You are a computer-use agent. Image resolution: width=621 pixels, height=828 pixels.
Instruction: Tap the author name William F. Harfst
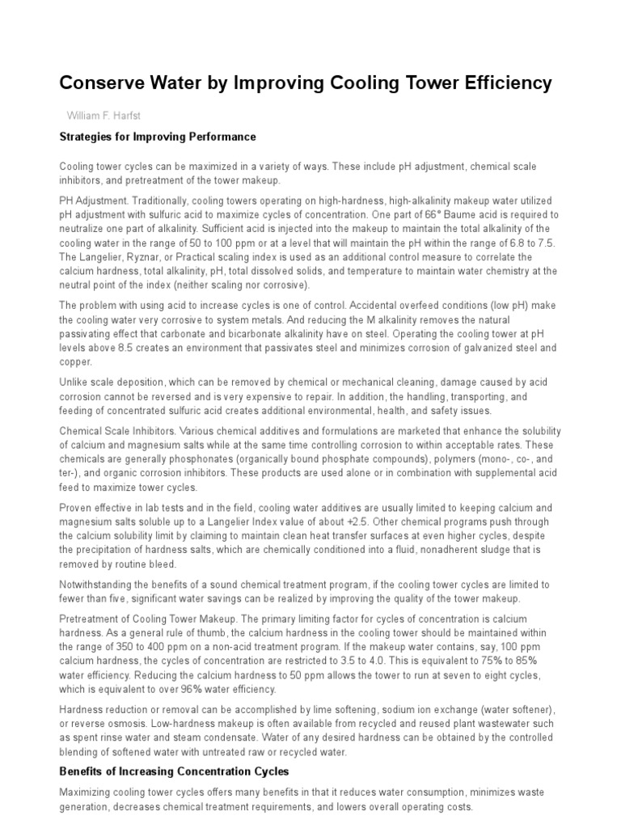click(x=109, y=116)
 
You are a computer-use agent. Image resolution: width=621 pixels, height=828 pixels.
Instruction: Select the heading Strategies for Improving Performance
click(x=158, y=137)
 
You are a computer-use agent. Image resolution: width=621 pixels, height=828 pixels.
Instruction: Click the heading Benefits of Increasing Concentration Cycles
click(x=174, y=771)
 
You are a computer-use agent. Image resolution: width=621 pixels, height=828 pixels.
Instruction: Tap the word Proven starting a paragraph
click(x=76, y=507)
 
